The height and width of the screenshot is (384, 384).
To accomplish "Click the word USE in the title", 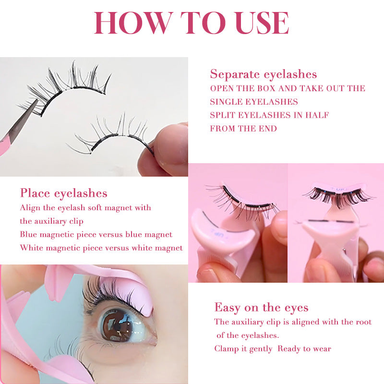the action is (x=263, y=23).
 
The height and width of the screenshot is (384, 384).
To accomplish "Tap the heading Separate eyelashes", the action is (x=264, y=74).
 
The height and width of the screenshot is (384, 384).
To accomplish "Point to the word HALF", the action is (x=317, y=115).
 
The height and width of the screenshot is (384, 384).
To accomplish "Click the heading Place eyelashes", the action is (x=64, y=193).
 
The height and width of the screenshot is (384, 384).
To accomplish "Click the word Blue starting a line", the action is (x=28, y=234).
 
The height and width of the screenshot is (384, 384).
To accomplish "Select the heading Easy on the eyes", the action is (x=261, y=308).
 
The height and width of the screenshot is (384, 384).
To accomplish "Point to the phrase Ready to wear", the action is (x=304, y=349).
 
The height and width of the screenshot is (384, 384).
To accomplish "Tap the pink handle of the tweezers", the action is (x=4, y=145).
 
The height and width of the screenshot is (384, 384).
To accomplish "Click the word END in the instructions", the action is (x=268, y=129).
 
